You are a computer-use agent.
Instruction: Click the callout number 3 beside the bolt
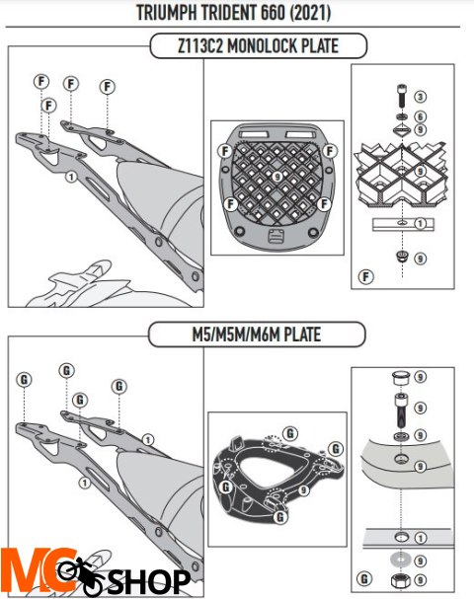tap(420, 97)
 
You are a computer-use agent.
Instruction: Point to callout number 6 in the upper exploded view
tap(420, 115)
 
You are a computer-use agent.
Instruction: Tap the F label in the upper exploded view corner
tap(367, 273)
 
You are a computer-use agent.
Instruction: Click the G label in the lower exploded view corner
tap(366, 577)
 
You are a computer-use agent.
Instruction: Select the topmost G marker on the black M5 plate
tap(289, 432)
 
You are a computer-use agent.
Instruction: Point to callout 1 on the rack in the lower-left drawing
tap(85, 483)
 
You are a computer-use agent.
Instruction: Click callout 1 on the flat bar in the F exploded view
tap(420, 224)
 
